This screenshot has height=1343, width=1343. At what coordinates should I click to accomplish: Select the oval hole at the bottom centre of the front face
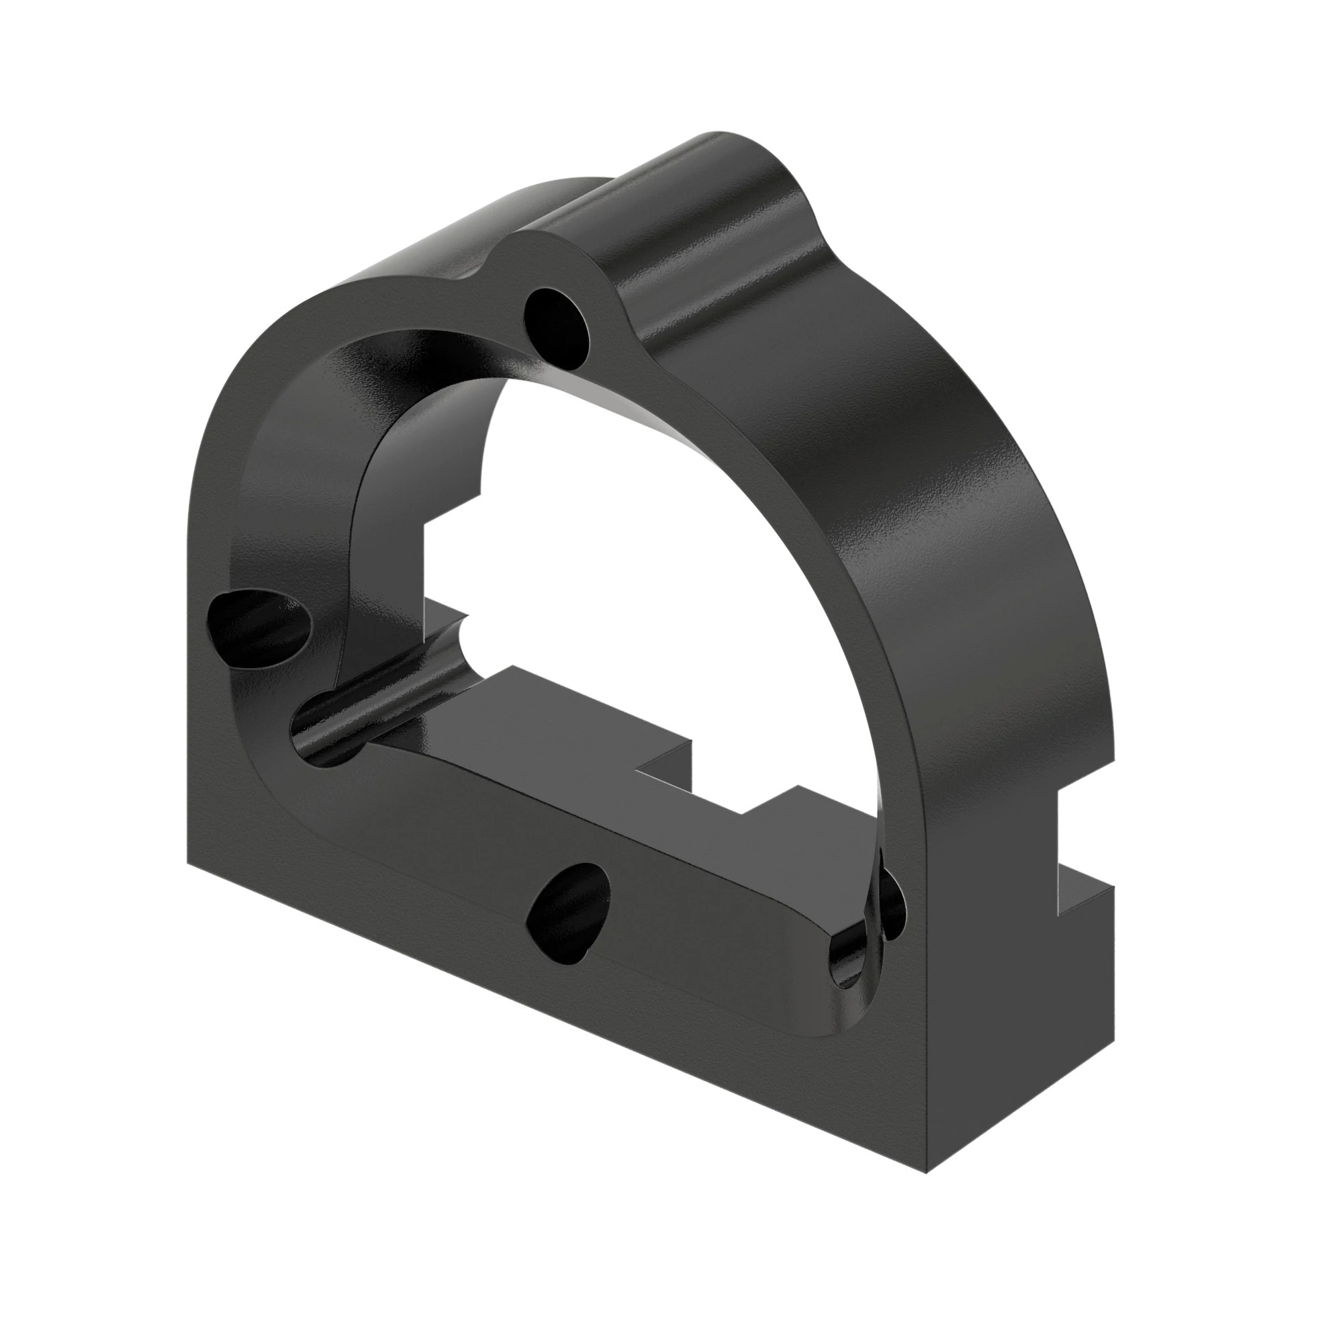pyautogui.click(x=568, y=911)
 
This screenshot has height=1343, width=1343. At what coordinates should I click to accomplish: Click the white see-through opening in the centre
pyautogui.click(x=626, y=556)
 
